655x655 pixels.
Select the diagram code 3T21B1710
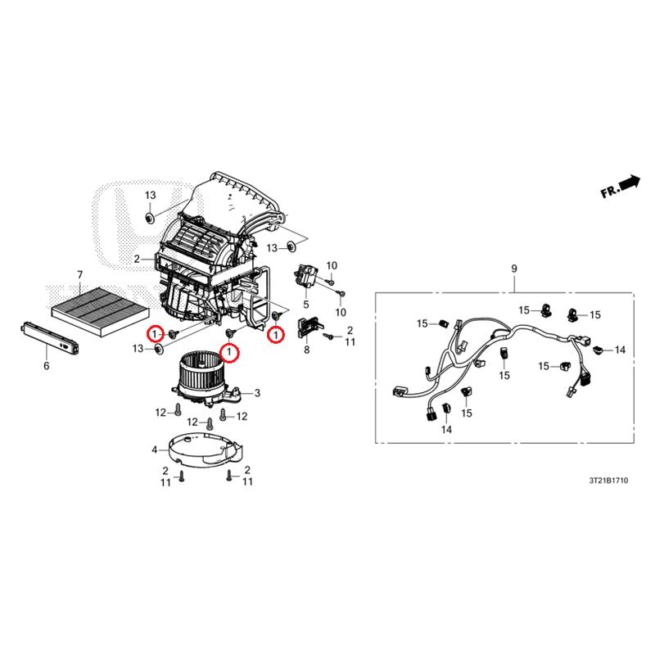tap(608, 481)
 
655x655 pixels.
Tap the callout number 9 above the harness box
tap(514, 269)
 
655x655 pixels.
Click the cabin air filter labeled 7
tap(100, 309)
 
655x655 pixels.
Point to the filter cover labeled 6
tap(49, 337)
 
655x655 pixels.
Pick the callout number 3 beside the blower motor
tap(257, 393)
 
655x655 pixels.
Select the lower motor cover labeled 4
tap(205, 450)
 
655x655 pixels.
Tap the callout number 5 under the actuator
tap(305, 304)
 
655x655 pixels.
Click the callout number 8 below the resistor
tap(306, 350)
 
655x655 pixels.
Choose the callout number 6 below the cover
tap(47, 365)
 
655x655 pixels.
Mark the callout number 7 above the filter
tap(79, 274)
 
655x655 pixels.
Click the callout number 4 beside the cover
tap(155, 449)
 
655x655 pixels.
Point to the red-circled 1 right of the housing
tap(276, 335)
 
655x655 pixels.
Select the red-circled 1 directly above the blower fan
tap(229, 353)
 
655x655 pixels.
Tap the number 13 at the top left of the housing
tap(151, 195)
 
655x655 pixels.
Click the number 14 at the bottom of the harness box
tap(446, 429)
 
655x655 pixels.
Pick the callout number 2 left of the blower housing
tap(137, 259)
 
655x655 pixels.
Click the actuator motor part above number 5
tap(306, 276)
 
